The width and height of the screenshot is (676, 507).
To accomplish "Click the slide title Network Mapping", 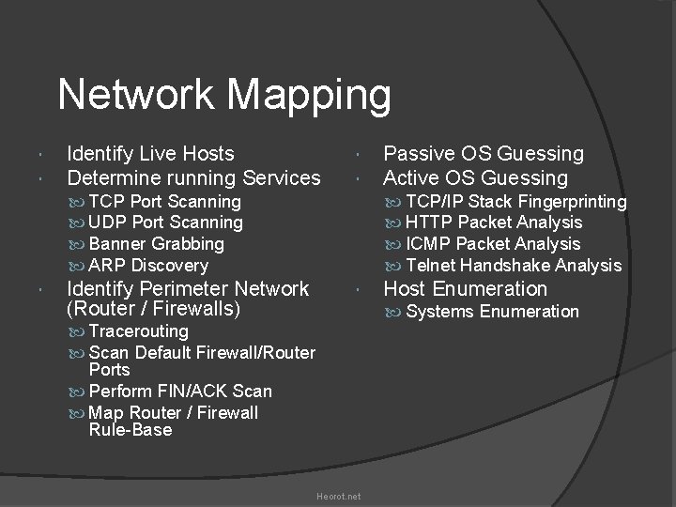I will point(224,95).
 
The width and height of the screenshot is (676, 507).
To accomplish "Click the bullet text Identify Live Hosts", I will point(151,153).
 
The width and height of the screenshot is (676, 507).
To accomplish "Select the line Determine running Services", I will point(193,177).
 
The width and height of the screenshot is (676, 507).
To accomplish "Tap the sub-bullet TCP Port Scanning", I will point(163,202).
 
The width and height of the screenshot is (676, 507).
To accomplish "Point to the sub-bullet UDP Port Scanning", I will point(164,223).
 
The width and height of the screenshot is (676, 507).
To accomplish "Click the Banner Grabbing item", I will point(155,244).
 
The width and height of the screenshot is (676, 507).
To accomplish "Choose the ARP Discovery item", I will point(147,266).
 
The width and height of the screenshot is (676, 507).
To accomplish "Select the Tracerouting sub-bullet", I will point(137,331).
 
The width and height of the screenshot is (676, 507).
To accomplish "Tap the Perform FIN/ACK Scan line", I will point(179,392).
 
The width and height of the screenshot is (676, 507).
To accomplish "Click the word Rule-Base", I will point(131,430).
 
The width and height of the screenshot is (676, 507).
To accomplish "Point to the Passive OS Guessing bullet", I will point(484,153).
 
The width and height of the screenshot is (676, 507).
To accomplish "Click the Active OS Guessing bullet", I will point(476,177).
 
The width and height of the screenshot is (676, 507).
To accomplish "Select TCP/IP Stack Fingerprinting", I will point(515,202).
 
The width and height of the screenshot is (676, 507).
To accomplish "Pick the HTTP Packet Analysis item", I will point(493,223).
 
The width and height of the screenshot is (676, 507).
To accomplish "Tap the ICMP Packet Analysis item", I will point(493,244).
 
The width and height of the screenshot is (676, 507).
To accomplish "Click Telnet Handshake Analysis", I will point(514,266).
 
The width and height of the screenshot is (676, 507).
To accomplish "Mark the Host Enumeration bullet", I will point(466,288).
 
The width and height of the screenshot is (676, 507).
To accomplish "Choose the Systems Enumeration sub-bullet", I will point(492,312).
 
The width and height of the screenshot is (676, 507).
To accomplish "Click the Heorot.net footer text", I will point(338,496).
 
